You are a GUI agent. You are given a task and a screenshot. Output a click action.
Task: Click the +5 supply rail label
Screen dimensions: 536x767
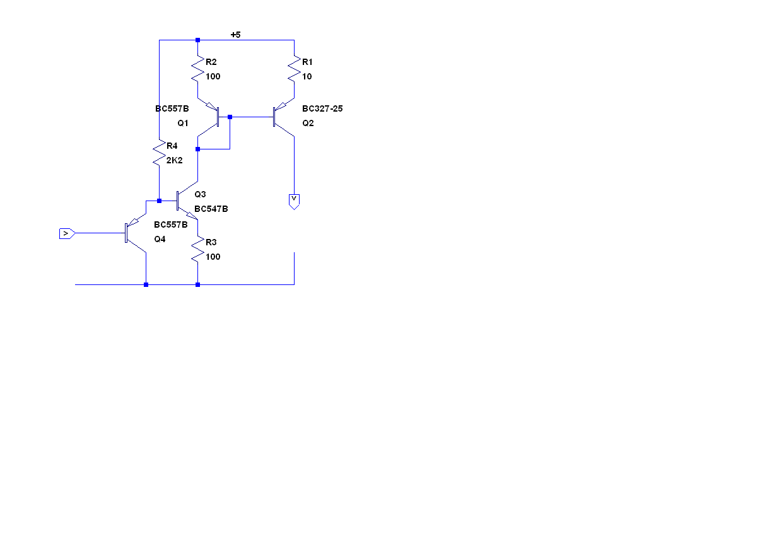click(x=235, y=35)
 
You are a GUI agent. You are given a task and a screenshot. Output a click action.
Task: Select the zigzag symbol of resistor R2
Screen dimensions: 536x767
click(x=198, y=69)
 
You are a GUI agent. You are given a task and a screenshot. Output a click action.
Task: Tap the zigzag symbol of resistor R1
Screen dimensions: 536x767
click(x=294, y=69)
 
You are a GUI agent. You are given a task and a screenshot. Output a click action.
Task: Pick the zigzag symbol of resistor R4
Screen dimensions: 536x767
click(x=159, y=153)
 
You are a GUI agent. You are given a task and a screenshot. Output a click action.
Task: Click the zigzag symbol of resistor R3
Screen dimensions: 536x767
click(x=198, y=249)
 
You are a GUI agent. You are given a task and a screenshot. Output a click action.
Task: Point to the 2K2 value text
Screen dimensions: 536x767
click(x=174, y=160)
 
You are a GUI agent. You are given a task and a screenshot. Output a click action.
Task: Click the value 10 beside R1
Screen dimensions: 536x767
click(x=307, y=76)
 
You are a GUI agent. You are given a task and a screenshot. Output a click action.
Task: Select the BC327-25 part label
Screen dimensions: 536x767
click(x=322, y=108)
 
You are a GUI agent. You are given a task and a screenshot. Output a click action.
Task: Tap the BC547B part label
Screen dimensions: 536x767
click(x=211, y=209)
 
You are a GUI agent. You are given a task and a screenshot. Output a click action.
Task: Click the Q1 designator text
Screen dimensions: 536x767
click(x=183, y=123)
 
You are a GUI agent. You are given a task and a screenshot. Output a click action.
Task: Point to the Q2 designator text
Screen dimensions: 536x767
click(x=308, y=123)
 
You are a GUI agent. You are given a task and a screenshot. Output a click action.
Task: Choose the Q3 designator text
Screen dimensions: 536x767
click(x=200, y=194)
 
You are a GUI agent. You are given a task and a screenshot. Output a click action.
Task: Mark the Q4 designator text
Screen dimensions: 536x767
click(x=160, y=239)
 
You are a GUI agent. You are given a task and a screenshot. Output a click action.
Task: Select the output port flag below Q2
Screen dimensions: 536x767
click(x=294, y=201)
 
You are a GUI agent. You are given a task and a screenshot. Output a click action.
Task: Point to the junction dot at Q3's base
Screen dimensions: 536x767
click(x=159, y=201)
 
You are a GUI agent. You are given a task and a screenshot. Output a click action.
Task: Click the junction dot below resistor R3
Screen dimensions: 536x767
click(x=198, y=284)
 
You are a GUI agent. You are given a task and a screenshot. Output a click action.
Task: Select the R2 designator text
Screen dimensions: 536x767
click(x=211, y=62)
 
